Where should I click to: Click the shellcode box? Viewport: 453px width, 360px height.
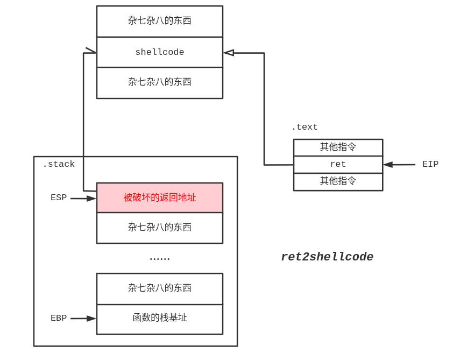[x=159, y=52]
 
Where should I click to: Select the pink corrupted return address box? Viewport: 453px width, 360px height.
[x=159, y=197]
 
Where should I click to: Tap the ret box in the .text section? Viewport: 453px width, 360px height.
[x=338, y=164]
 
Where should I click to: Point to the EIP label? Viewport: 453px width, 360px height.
[x=430, y=164]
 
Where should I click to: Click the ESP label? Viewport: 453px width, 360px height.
[x=59, y=197]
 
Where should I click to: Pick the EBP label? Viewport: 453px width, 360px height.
[x=59, y=318]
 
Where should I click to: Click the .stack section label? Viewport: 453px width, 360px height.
[x=59, y=164]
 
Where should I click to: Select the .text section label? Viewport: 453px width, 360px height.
[x=305, y=127]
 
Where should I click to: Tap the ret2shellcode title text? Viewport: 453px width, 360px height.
[x=327, y=257]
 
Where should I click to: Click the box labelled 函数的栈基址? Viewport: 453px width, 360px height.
[x=159, y=319]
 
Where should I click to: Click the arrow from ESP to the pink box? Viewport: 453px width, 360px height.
[x=83, y=199]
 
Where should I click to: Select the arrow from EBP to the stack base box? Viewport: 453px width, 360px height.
[x=83, y=319]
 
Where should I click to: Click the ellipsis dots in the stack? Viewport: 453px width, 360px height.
[x=159, y=258]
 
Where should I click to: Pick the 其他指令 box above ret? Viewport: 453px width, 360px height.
[x=338, y=147]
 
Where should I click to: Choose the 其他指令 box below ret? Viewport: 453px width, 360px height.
[x=338, y=181]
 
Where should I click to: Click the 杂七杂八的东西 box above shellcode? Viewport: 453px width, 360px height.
[x=159, y=21]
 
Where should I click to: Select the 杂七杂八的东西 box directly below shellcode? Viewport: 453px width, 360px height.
[x=159, y=82]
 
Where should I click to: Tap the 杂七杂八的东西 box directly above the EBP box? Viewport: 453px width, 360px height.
[x=159, y=288]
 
